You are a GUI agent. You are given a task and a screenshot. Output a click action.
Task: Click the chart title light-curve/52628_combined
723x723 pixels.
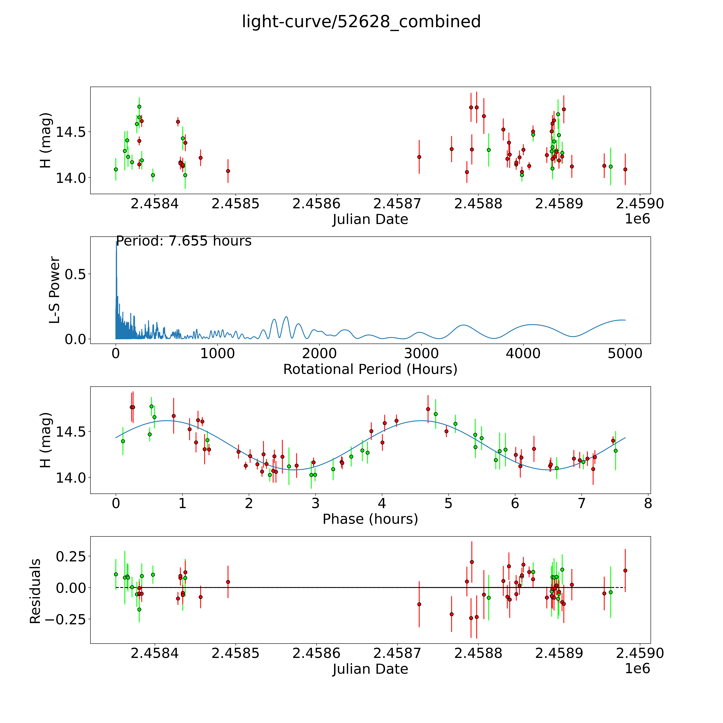pyautogui.click(x=361, y=22)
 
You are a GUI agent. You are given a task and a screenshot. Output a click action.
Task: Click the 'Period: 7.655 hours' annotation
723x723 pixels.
pyautogui.click(x=184, y=241)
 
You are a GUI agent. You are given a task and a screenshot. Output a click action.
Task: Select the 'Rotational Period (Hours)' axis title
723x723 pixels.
pyautogui.click(x=370, y=369)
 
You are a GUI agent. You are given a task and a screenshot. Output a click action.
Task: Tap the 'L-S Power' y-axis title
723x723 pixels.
pyautogui.click(x=55, y=290)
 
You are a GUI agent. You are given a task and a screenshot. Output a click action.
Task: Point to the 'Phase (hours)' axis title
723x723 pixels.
pyautogui.click(x=370, y=519)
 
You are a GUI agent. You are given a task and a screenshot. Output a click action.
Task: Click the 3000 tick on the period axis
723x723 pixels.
pyautogui.click(x=421, y=354)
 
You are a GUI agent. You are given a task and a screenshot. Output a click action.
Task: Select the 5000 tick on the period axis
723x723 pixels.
pyautogui.click(x=625, y=354)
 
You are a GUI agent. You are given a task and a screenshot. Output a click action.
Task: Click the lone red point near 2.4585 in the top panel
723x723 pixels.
pyautogui.click(x=228, y=171)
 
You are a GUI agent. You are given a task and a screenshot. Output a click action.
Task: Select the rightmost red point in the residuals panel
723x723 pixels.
pyautogui.click(x=625, y=571)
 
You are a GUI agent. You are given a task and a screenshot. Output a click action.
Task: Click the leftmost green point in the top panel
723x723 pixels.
pyautogui.click(x=116, y=169)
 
